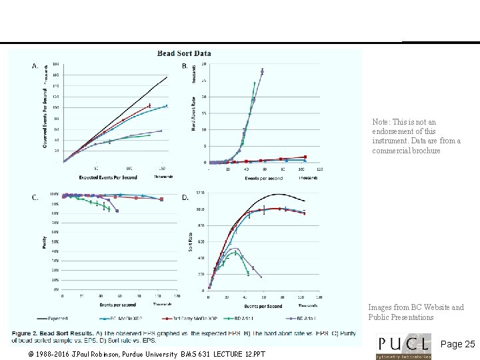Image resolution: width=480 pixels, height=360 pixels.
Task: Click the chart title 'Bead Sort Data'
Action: [x=184, y=53]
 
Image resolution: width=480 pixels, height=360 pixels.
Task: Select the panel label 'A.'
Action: [x=35, y=66]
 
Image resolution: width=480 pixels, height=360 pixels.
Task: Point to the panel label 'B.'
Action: [x=185, y=66]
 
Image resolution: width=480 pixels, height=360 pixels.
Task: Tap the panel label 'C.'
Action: [x=35, y=197]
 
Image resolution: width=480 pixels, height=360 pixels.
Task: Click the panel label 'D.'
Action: [x=185, y=197]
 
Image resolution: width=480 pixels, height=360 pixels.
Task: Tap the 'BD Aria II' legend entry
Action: [x=307, y=319]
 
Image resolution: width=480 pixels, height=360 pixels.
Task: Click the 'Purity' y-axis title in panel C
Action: [x=45, y=245]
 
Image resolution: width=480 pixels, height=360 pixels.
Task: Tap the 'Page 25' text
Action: [x=458, y=345]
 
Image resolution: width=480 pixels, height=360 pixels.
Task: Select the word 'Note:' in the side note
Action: [x=382, y=123]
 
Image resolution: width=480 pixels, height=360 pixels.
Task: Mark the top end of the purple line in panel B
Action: [x=263, y=69]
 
